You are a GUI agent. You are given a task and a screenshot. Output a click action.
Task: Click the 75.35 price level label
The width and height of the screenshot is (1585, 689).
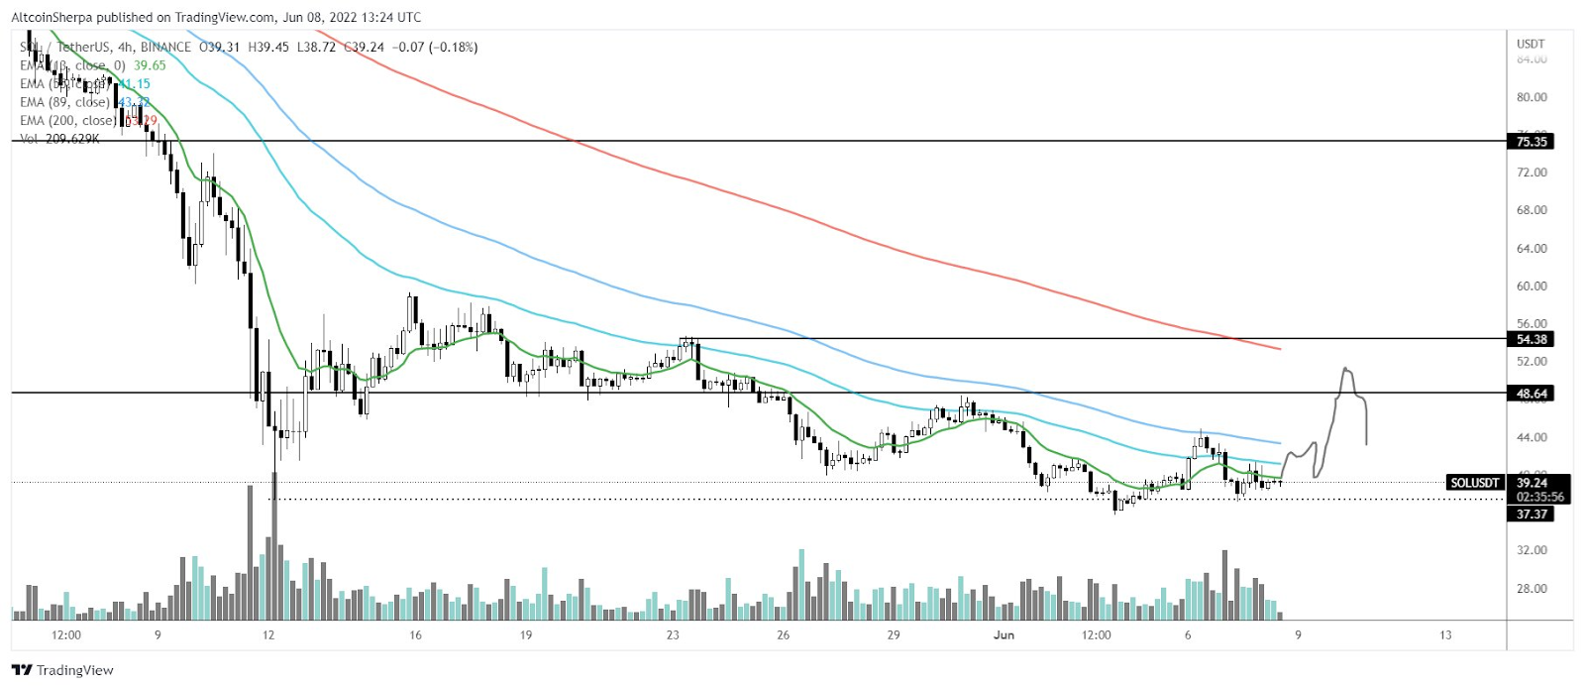point(1532,142)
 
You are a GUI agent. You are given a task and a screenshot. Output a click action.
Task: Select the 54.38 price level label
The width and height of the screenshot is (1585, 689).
point(1532,339)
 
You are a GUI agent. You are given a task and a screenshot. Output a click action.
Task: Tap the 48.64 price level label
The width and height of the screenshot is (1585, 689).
point(1532,394)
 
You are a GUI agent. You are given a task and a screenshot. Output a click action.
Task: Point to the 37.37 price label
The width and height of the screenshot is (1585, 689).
point(1532,514)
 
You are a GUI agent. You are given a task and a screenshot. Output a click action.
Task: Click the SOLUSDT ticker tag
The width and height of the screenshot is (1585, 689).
point(1474,483)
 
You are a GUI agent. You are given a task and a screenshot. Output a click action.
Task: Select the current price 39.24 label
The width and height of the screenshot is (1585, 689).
point(1532,483)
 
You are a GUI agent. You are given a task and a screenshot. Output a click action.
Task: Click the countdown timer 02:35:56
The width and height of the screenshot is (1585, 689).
point(1539,497)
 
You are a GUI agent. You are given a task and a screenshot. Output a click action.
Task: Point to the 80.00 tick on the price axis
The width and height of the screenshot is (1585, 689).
point(1532,97)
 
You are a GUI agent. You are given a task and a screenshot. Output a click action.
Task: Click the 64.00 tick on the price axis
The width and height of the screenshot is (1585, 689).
point(1532,249)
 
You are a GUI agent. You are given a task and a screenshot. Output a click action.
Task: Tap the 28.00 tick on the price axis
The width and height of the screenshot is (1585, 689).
point(1532,588)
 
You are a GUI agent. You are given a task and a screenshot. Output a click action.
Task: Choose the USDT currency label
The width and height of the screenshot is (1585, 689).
point(1531,44)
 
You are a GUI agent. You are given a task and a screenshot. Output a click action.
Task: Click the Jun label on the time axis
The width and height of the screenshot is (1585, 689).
point(1004,634)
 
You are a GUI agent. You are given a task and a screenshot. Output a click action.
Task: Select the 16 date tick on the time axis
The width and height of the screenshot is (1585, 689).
point(415,634)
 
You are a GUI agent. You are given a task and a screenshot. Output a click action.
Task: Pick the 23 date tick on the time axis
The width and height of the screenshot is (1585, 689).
point(673,634)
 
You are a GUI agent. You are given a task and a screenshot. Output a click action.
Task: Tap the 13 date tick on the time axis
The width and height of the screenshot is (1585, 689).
point(1445,634)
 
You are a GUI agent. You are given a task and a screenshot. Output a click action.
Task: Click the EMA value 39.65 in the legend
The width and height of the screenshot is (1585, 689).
point(150,65)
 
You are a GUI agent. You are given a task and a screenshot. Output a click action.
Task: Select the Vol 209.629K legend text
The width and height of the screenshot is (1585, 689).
point(59,139)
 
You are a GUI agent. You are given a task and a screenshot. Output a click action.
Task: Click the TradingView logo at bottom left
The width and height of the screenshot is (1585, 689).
point(63,670)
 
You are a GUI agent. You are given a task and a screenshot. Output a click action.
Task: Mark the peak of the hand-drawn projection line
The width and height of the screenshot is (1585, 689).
point(1345,369)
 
